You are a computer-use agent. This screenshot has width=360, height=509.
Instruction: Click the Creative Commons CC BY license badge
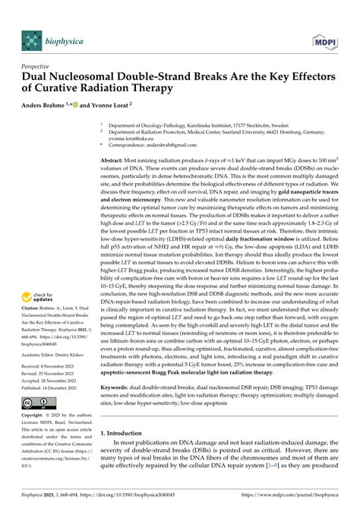tap(39, 402)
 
